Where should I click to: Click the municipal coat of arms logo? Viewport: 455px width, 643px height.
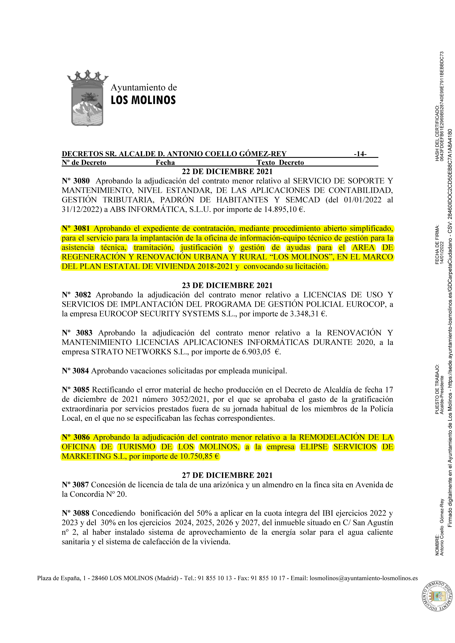coord(87,98)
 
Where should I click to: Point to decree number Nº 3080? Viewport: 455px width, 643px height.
coord(76,181)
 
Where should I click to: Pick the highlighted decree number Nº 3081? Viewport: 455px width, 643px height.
coord(76,228)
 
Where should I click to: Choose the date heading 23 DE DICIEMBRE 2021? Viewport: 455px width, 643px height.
coord(227,285)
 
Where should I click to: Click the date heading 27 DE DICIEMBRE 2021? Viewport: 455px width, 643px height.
coord(227,475)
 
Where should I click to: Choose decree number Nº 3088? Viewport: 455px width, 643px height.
coord(76,513)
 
